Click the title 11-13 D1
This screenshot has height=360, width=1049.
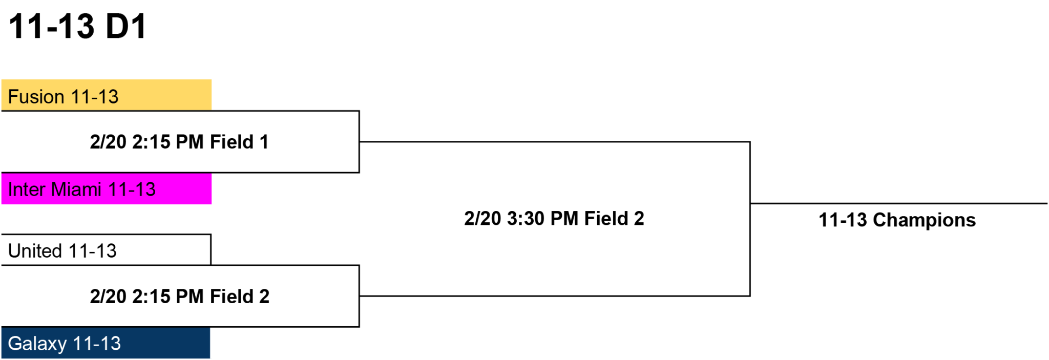pyautogui.click(x=78, y=26)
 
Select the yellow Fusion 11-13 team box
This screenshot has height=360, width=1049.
pyautogui.click(x=107, y=95)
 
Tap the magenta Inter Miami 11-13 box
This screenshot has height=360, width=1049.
pyautogui.click(x=107, y=188)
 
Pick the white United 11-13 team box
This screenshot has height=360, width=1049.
pyautogui.click(x=106, y=250)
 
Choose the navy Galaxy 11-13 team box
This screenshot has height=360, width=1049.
pyautogui.click(x=106, y=343)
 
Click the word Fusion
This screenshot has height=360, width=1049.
pyautogui.click(x=36, y=97)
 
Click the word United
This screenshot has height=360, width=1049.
pyautogui.click(x=35, y=251)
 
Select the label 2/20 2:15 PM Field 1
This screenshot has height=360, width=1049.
pyautogui.click(x=179, y=142)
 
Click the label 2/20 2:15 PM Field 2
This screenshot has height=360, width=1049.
pyautogui.click(x=179, y=297)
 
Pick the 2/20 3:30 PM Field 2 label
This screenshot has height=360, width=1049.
pyautogui.click(x=554, y=219)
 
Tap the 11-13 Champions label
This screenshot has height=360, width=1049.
pyautogui.click(x=897, y=220)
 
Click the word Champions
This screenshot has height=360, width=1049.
pyautogui.click(x=925, y=220)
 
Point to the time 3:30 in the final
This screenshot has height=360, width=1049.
pyautogui.click(x=526, y=219)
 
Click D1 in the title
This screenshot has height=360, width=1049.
pyautogui.click(x=126, y=26)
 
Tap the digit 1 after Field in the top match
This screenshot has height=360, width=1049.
pyautogui.click(x=264, y=142)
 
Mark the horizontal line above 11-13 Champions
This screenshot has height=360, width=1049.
pyautogui.click(x=899, y=203)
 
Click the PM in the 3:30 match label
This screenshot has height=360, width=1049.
pyautogui.click(x=564, y=219)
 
